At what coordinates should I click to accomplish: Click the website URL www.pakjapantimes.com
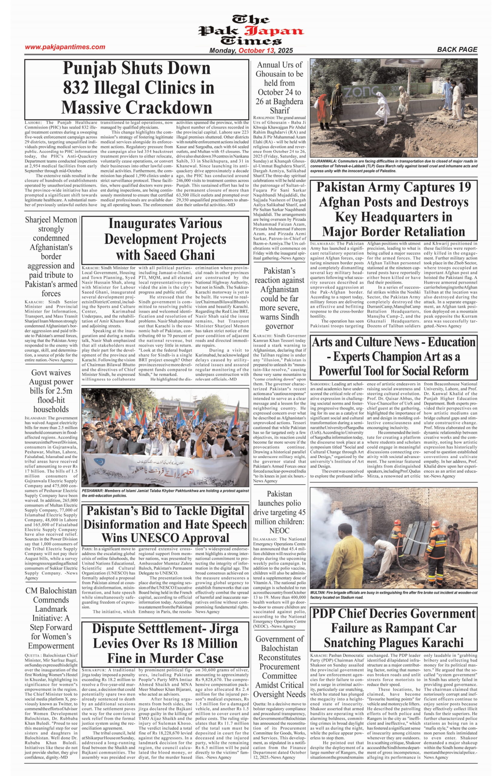coord(65,47)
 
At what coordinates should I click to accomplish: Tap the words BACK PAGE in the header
coord(457,49)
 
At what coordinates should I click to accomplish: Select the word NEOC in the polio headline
coord(279,530)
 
